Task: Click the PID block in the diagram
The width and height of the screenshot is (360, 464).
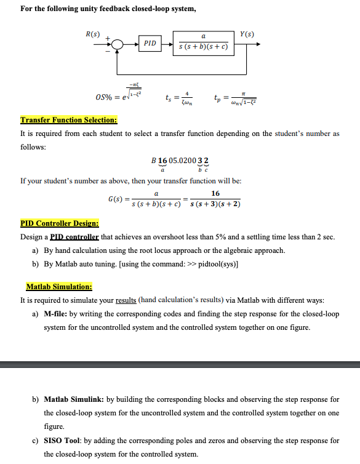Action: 150,44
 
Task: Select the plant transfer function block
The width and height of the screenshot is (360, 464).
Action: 203,43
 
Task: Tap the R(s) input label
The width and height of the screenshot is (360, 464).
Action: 92,33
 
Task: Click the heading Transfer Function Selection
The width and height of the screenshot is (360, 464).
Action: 68,120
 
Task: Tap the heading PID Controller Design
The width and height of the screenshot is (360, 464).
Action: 60,224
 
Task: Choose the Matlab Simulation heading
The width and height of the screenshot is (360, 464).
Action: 59,287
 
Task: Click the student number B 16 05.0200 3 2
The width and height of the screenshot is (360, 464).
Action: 180,161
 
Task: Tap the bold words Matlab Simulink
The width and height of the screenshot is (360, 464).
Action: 70,400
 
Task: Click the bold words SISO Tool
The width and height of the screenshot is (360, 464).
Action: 62,441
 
